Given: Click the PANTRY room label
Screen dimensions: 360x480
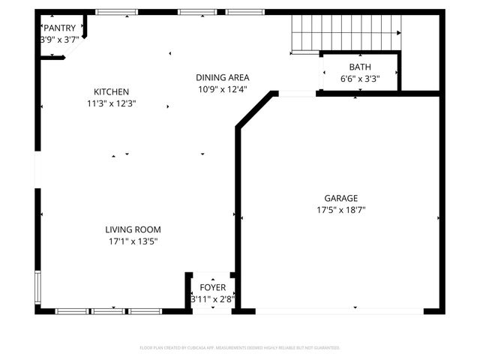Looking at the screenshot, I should pos(59,28).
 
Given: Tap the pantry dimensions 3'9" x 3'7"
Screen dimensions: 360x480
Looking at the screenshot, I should pos(59,40).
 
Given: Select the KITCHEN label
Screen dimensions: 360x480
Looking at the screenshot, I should pos(111,91).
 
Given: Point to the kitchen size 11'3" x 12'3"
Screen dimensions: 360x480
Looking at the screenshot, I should pos(111,103).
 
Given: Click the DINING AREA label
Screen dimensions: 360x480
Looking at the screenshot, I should pos(222,77).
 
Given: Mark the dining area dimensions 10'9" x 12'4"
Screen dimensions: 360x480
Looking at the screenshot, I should pos(222,89).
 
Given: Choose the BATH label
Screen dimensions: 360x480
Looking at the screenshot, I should pos(359,67).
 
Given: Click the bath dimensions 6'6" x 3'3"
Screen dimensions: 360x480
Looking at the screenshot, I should pos(359,79).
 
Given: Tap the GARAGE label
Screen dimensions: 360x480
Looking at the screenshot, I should pos(340,198).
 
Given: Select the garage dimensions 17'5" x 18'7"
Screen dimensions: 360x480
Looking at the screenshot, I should pos(340,210).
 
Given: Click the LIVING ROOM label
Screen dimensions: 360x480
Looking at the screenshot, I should pos(133,229).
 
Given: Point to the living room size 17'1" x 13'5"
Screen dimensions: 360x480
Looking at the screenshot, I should pos(133,241).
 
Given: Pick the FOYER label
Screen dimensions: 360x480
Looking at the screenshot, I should pos(212,287).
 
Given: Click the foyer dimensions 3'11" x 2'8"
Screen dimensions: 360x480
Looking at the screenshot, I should pos(212,299).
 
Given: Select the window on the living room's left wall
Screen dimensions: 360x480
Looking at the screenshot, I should pos(37,285).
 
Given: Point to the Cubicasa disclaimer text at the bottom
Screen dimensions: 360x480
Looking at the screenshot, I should pos(240,348).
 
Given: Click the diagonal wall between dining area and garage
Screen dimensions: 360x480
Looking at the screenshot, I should pos(255,110).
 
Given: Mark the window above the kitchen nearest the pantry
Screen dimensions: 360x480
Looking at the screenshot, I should pos(116,12).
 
